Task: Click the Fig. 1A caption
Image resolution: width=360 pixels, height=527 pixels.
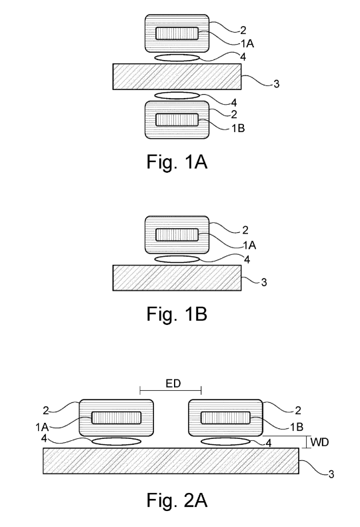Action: point(177,161)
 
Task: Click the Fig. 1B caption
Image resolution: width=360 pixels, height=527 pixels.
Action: point(177,314)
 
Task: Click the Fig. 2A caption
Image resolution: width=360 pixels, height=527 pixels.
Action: point(177,500)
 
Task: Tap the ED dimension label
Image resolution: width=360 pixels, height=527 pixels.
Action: point(173,384)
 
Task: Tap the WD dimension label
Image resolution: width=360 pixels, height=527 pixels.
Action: point(319,442)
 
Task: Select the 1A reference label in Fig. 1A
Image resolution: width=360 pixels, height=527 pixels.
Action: point(247,43)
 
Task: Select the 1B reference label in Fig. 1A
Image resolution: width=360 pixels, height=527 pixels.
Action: point(239,128)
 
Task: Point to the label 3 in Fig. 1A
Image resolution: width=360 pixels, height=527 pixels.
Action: point(277,84)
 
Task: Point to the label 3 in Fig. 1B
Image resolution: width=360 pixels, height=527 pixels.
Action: point(264,282)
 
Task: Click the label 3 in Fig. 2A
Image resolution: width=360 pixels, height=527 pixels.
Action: point(331,474)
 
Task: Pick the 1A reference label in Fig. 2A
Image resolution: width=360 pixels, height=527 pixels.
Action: point(42,427)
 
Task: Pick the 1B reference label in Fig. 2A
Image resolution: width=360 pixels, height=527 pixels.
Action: point(297,427)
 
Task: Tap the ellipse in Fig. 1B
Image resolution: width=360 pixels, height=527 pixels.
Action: point(177,259)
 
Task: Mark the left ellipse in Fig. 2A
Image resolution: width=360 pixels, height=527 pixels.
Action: point(117,442)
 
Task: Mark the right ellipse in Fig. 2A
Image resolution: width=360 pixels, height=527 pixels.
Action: point(226,442)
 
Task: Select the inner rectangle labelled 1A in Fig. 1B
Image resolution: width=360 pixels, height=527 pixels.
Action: point(177,235)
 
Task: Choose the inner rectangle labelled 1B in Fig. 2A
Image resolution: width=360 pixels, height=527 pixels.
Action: point(226,418)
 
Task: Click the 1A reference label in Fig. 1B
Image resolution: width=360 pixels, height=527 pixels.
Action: point(249,245)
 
